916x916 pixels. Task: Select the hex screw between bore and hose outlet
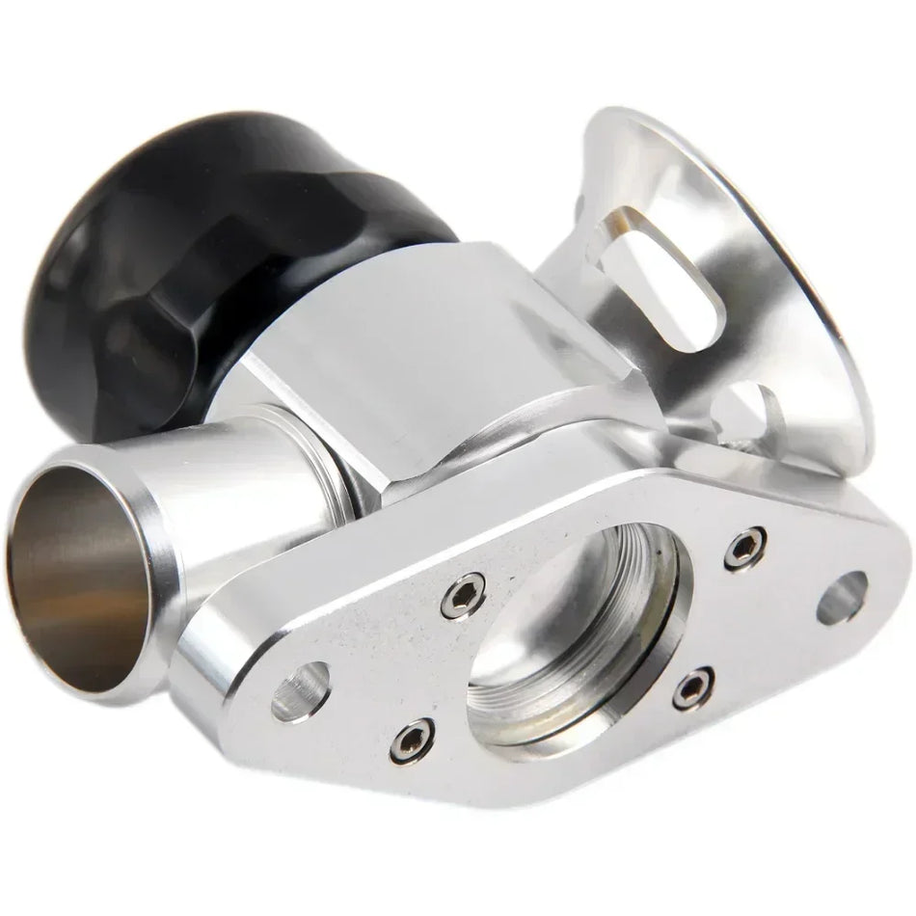464,596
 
